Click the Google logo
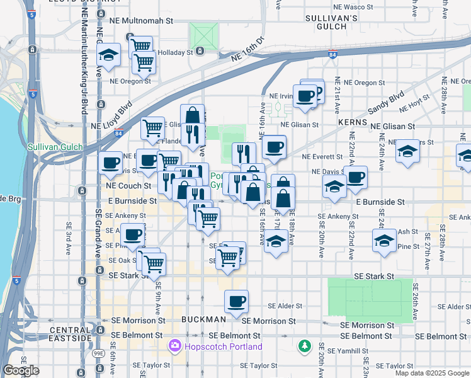coord(21,370)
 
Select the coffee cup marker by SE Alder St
coord(236,301)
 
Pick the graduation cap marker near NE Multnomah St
coord(109,55)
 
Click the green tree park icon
coord(305,346)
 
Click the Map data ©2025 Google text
coord(432,373)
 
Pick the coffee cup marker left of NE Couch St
coord(110,163)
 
